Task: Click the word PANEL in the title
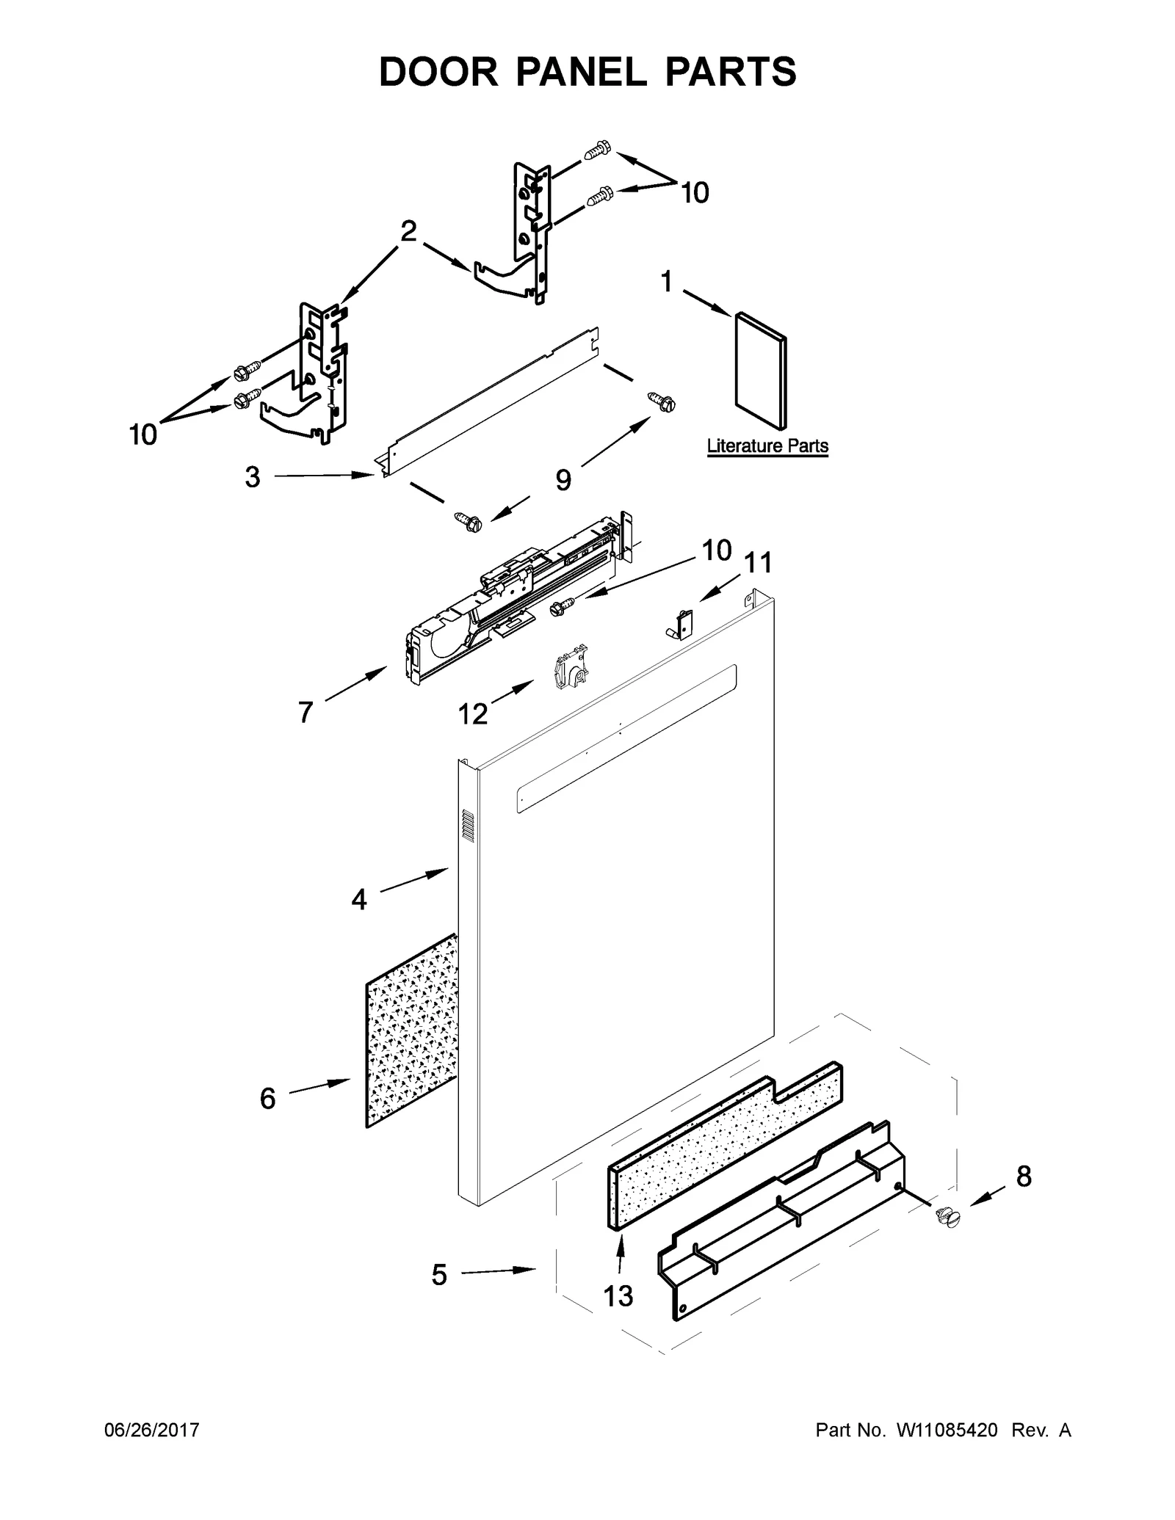point(587,72)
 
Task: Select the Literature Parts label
point(767,446)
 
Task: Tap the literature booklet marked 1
point(761,371)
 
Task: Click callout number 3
point(252,478)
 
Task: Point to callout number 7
point(305,712)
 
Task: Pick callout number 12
point(473,713)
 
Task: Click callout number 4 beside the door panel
point(358,899)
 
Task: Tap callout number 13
point(618,1296)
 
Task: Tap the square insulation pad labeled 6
point(410,1030)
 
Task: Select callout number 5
point(438,1276)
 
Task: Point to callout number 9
point(563,480)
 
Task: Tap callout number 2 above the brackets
point(408,232)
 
